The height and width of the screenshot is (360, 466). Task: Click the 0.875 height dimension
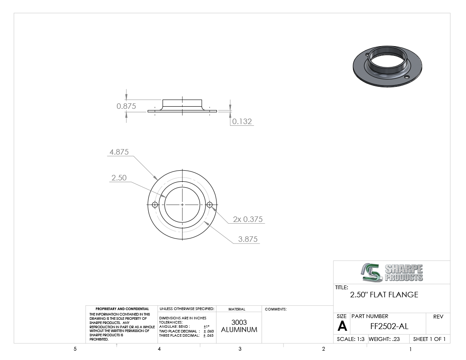tap(126, 106)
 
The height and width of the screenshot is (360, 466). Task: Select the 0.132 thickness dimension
tap(242, 121)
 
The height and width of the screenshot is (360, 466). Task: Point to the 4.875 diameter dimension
tap(119, 152)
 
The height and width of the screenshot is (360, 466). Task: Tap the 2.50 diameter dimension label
tap(119, 177)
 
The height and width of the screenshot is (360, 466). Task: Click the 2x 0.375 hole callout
tap(248, 219)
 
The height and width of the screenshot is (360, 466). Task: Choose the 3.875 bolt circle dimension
tap(248, 239)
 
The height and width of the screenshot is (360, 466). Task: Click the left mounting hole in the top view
tap(155, 205)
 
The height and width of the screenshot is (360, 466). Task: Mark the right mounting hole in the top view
tap(210, 205)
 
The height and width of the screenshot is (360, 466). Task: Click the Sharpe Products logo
tap(392, 272)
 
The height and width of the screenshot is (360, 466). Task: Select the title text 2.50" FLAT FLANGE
tap(384, 295)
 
